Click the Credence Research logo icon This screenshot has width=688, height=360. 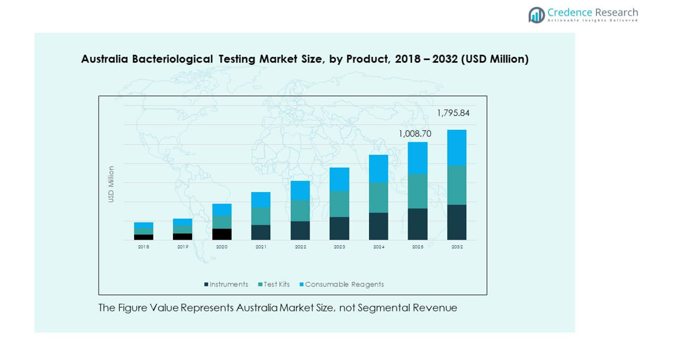pos(536,14)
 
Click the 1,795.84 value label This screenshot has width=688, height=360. pos(453,113)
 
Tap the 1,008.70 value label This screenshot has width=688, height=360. pos(415,134)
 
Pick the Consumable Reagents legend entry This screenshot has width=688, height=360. pos(344,285)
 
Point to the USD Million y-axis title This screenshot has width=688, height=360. pos(111,184)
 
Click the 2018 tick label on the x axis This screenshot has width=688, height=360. pos(144,247)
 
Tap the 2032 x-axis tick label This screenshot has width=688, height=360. pos(457,247)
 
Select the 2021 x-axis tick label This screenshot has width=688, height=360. pos(261,247)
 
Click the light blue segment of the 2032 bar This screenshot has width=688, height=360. pos(457,147)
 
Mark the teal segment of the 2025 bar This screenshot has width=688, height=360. pos(418,191)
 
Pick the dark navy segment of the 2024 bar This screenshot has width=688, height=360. pos(378,226)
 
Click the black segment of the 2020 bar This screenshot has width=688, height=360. pos(222,234)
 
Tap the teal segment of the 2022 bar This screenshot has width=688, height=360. pos(300,210)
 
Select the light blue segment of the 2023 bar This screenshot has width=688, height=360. pos(339,179)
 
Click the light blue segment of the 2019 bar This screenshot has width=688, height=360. pos(182,222)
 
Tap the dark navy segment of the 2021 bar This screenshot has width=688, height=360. pos(261,232)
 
